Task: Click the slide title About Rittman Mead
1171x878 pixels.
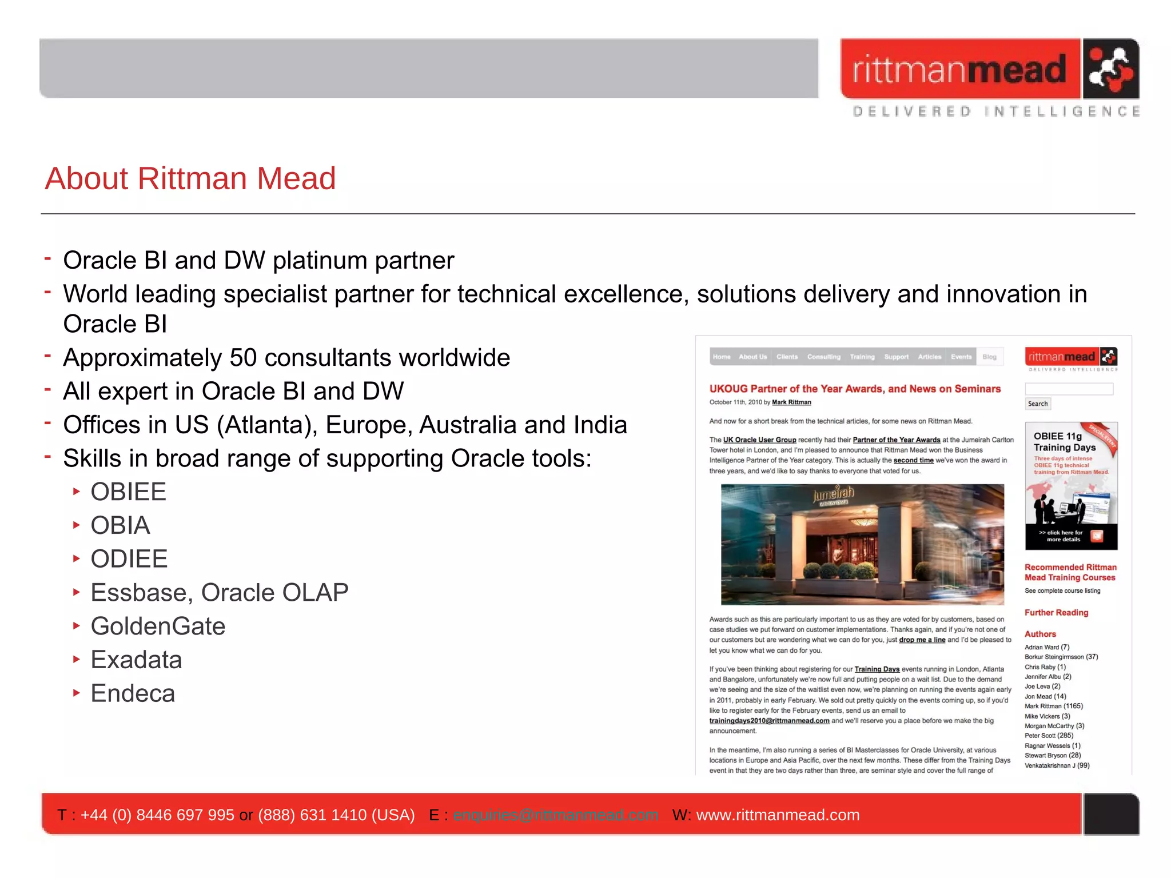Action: [190, 178]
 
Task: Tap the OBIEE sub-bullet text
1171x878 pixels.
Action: [129, 492]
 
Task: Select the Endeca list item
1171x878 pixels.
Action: [133, 693]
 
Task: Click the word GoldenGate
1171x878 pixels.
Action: [158, 626]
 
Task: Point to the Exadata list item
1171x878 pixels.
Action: [136, 660]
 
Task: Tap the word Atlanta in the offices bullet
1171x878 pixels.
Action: [253, 425]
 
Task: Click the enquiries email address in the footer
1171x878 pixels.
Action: [555, 815]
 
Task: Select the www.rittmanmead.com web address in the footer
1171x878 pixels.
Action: [778, 815]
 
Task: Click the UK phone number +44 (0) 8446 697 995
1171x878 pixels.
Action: [157, 815]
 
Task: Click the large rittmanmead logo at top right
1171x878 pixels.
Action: [989, 69]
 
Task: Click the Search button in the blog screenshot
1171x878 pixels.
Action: [1038, 404]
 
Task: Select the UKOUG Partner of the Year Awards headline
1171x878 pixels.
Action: [855, 389]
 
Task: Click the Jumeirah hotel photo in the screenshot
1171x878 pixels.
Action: [862, 544]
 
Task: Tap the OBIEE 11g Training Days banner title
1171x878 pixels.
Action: [1064, 442]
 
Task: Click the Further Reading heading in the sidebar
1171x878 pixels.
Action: [1056, 612]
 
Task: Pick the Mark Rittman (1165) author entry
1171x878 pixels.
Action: [1053, 706]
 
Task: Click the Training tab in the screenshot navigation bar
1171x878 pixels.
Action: [862, 357]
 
